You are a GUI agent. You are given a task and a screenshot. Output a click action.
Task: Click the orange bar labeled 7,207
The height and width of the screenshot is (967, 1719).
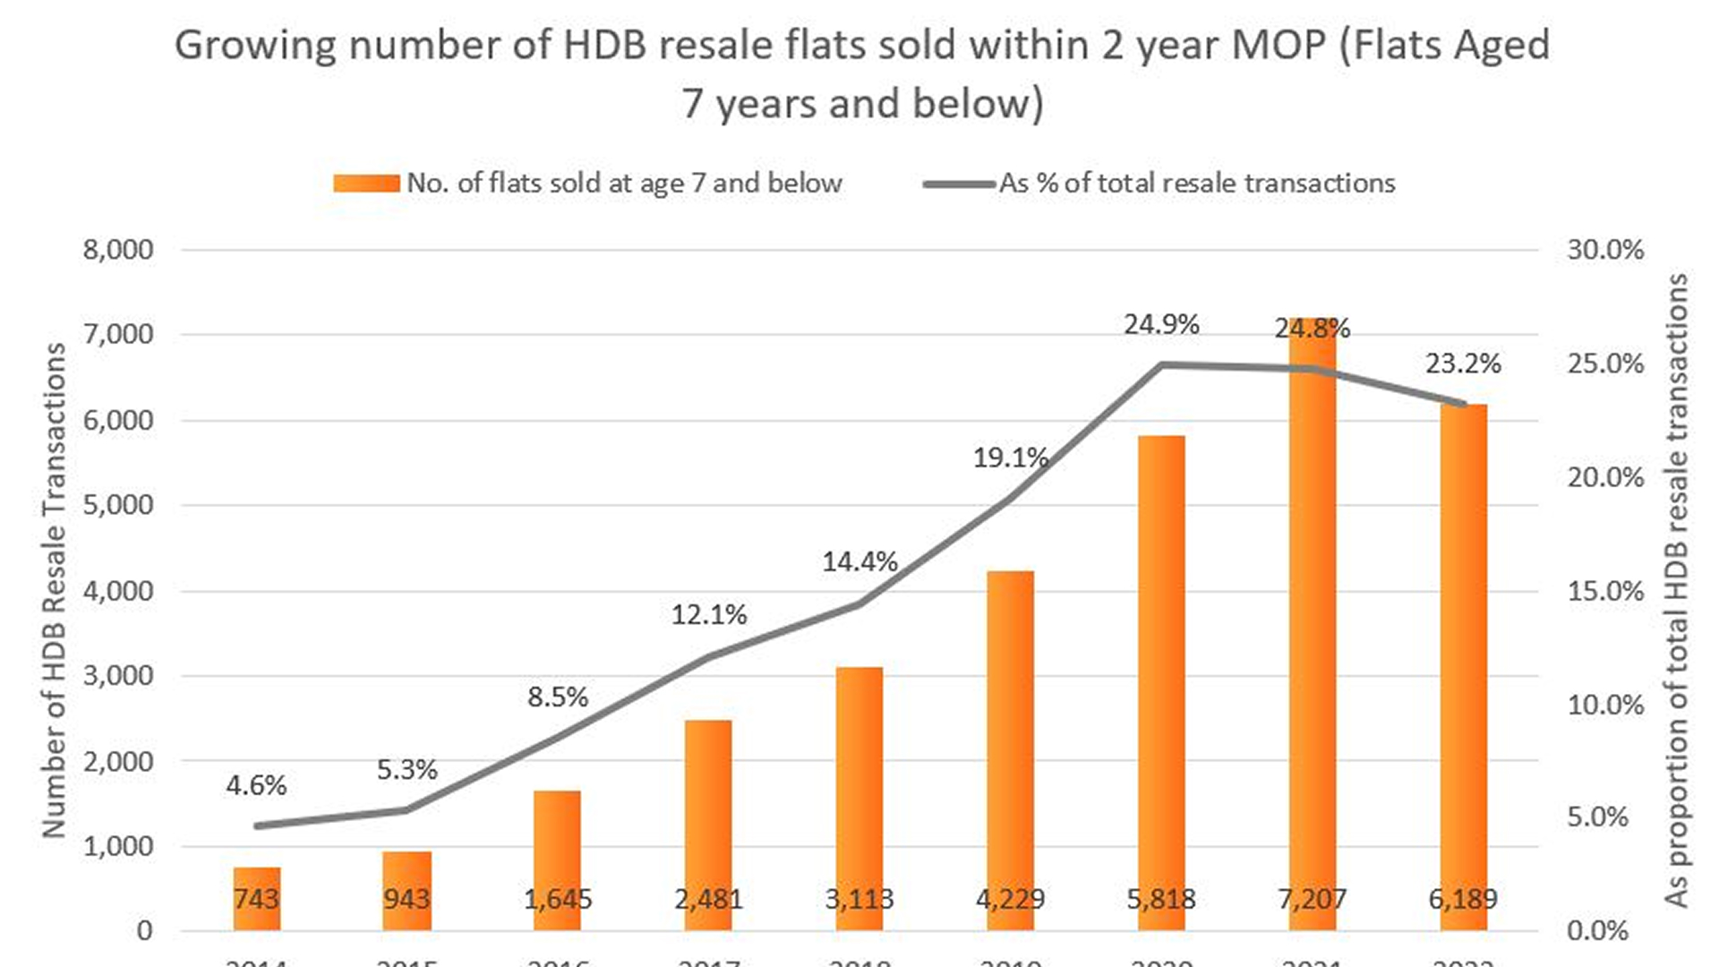[1313, 627]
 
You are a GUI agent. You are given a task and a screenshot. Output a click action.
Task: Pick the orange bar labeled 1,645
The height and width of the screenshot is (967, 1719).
[558, 860]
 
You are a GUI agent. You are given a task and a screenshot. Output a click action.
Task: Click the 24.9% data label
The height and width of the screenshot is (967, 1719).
[1161, 324]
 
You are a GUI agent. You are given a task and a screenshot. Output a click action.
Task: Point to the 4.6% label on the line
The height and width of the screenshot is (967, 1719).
[256, 785]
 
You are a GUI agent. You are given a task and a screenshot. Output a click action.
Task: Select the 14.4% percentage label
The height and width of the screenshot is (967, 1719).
[859, 561]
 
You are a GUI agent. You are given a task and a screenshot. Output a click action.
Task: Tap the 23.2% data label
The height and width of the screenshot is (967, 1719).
[1463, 364]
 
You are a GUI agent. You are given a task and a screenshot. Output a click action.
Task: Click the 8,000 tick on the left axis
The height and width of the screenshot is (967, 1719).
[118, 250]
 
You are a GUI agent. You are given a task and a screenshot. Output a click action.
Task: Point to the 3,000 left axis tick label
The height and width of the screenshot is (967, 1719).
[118, 675]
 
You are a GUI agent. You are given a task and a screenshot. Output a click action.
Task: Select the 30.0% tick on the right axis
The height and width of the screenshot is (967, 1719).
[1605, 250]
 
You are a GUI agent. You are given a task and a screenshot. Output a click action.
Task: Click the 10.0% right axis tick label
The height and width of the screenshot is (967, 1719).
[1605, 705]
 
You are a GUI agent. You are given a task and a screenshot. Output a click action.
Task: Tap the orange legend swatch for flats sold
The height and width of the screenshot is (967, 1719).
[366, 184]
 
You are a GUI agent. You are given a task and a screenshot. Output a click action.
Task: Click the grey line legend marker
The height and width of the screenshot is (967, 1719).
[959, 184]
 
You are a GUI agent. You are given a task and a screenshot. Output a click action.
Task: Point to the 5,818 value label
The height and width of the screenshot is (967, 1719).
[1161, 898]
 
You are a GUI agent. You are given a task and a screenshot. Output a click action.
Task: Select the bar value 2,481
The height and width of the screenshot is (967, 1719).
[708, 898]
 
